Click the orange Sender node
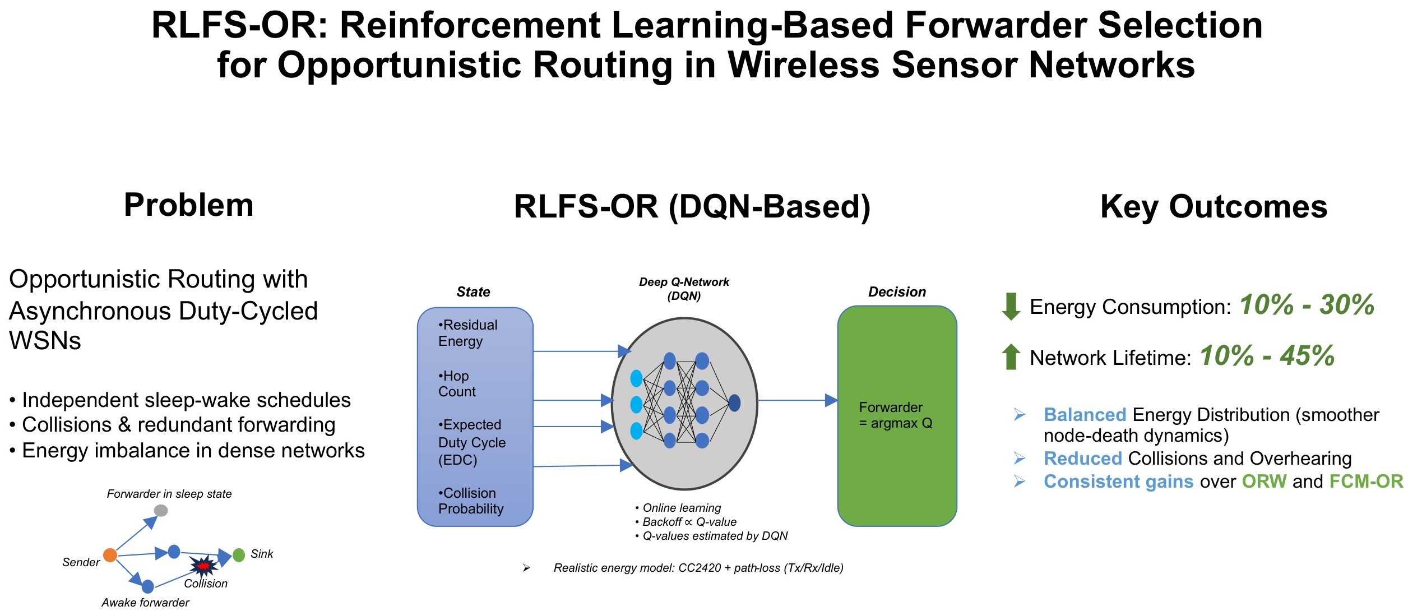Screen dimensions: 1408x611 coord(110,555)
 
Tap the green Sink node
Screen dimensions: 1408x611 coord(239,555)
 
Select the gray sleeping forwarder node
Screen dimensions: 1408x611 coord(161,510)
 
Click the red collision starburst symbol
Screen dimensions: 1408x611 coord(203,566)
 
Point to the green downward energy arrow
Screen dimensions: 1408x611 coord(1011,307)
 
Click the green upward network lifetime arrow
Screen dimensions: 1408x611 coord(1011,357)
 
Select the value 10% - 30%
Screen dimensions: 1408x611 coord(1307,305)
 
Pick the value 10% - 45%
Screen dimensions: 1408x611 coord(1267,355)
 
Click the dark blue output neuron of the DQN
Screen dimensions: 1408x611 coord(734,402)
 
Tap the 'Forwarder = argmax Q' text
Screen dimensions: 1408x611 coord(896,415)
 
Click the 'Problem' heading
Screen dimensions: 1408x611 coord(189,205)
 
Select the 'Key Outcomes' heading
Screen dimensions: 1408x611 coord(1214,207)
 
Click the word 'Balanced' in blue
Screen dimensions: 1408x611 coord(1085,415)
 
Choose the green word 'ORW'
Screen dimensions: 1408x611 coord(1264,482)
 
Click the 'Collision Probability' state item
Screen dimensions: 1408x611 coord(471,501)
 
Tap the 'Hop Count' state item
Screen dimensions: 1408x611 coord(457,383)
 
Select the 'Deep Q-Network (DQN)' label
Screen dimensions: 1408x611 coord(684,289)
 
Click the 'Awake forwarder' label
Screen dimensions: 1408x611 coord(145,603)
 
